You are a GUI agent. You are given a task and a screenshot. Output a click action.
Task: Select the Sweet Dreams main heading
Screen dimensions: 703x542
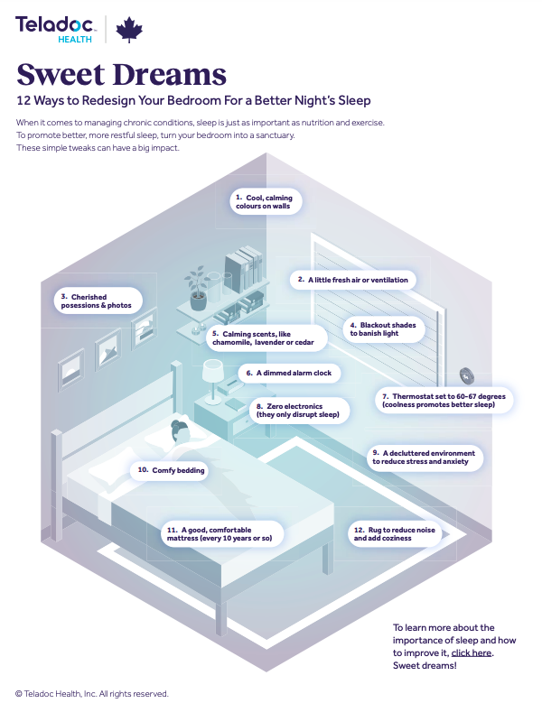tap(121, 74)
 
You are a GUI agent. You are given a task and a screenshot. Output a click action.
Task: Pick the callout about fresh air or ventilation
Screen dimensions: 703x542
tap(352, 280)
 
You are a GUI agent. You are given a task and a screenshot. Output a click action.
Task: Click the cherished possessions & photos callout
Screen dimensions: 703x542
tap(95, 301)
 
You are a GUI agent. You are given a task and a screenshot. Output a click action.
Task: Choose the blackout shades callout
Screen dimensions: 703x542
tap(386, 329)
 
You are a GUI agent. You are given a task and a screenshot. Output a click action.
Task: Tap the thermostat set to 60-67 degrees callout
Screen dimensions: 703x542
tap(444, 401)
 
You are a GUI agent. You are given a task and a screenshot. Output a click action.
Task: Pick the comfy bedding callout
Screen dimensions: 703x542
tap(171, 470)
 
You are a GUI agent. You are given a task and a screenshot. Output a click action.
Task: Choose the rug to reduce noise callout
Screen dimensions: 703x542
tap(395, 534)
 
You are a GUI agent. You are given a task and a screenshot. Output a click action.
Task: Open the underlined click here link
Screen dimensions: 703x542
tap(472, 652)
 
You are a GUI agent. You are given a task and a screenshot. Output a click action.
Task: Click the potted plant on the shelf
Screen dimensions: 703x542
tap(197, 288)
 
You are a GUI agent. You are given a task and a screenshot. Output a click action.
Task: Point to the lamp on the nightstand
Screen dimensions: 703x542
tap(213, 374)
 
